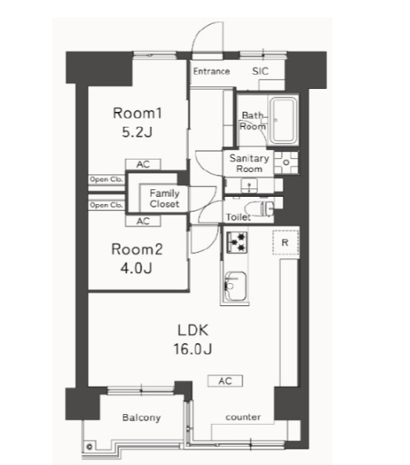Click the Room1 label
137,114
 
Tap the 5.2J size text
137,132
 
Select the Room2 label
137,249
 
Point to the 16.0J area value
192,349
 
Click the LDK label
193,330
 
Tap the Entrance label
211,71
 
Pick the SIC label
260,71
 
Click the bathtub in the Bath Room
284,120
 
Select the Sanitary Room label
249,164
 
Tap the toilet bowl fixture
261,208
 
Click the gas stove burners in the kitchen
237,242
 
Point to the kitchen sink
235,286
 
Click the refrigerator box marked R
285,243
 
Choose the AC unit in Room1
143,165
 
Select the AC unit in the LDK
225,381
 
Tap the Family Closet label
164,198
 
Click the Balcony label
141,417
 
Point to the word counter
243,417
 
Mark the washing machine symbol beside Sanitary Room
286,162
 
